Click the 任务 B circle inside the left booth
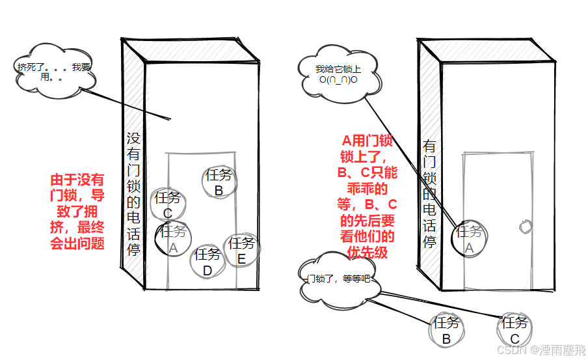point(219,182)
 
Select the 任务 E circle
point(241,251)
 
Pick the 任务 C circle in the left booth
point(168,204)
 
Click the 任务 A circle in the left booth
point(173,239)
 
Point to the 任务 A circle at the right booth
point(469,238)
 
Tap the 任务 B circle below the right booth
point(446,330)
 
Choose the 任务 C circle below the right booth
point(514,330)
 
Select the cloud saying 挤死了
point(55,71)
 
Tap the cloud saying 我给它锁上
point(338,74)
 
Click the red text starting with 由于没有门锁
point(77,212)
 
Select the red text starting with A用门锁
point(367,195)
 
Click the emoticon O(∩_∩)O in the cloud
point(338,79)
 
